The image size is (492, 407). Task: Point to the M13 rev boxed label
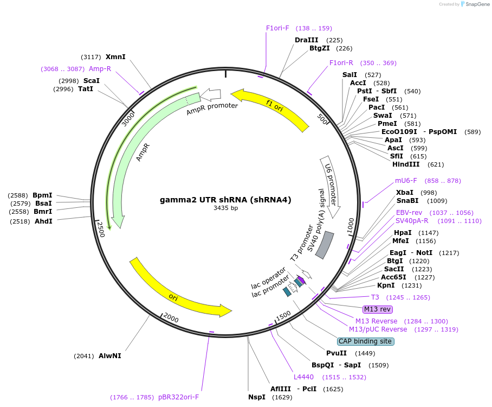coord(377,309)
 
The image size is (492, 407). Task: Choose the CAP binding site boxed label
coord(365,341)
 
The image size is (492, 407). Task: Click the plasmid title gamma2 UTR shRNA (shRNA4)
coord(225,200)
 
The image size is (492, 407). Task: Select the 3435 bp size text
coord(225,208)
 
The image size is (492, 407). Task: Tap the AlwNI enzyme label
coord(110,356)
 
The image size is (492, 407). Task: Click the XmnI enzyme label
coord(115,56)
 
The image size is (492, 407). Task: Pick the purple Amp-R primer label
coord(100,69)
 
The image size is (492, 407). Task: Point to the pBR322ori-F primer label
coord(179,397)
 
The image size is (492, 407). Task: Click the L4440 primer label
coord(303,377)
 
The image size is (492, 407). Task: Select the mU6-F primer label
coord(406,181)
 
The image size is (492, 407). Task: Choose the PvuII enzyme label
coord(336,353)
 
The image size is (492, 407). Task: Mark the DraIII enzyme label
coord(306,40)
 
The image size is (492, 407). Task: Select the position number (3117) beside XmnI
coord(91,57)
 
